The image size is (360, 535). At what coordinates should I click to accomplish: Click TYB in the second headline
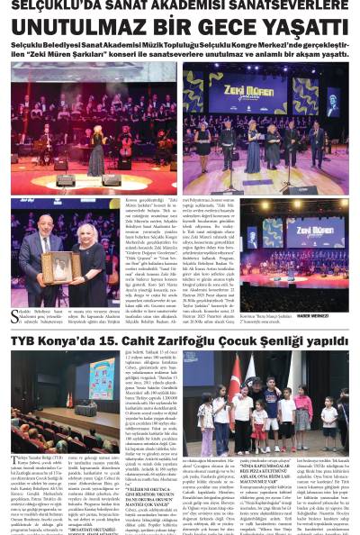27,341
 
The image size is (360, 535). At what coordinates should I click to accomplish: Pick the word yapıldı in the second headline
329,341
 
